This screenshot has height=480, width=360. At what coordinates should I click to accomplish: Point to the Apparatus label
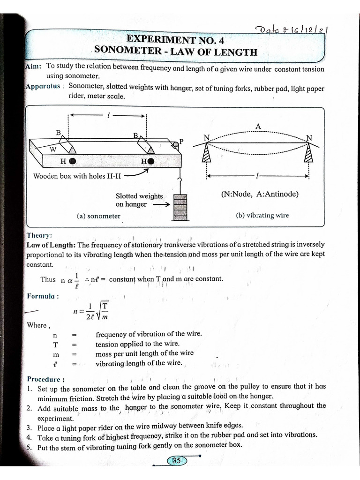point(44,86)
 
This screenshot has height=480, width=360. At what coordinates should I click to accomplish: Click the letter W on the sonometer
point(53,150)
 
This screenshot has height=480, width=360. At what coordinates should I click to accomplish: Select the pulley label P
point(181,141)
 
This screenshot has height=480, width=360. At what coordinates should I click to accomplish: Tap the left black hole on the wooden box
point(73,161)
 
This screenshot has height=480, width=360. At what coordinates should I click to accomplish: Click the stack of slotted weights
point(180,206)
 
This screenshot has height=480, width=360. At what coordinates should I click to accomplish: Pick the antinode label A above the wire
point(258,127)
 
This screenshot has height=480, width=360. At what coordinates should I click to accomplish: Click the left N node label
point(206,137)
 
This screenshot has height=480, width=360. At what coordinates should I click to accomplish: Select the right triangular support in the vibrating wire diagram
point(308,152)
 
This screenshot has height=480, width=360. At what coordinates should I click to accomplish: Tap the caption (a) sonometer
point(98,216)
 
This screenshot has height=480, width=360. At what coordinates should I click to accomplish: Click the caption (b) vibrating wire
point(262,216)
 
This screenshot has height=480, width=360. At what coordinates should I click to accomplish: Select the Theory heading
point(39,235)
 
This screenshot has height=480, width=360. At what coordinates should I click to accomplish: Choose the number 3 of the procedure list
point(29,427)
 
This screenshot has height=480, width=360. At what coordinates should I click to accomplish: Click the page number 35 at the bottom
point(176,461)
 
